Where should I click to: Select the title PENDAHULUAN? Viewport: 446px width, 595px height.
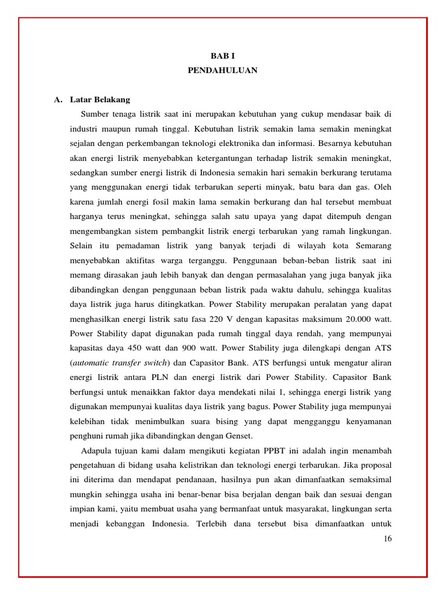point(223,70)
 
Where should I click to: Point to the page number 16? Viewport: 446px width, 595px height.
point(388,539)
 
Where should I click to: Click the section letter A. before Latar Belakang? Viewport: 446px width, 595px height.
point(58,99)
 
